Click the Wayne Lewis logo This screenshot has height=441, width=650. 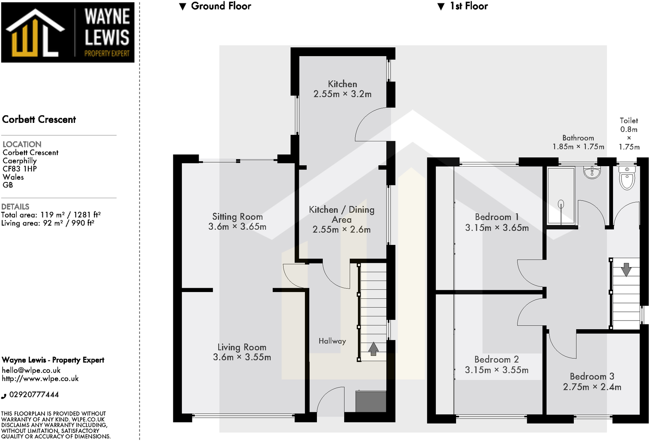pos(68,33)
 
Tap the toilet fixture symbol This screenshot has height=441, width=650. pos(627,179)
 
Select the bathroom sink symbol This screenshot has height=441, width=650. pos(592,173)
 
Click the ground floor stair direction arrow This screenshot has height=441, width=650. pos(373,349)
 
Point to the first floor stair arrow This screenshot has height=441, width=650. pos(626,270)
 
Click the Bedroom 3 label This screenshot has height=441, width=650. pos(592,376)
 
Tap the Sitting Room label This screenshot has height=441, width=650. pos(237,217)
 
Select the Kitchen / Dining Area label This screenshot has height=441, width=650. pos(342,215)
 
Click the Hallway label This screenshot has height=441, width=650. pos(332,341)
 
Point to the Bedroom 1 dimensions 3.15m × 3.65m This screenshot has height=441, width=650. pos(497,228)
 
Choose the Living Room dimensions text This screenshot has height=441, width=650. pos(242,357)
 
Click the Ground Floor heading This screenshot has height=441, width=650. pos(221,6)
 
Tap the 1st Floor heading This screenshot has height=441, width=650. pos(468,6)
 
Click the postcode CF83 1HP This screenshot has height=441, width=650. pos(20,169)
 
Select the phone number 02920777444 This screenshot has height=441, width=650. pos(34,395)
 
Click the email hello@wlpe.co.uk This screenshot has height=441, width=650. pos(31,370)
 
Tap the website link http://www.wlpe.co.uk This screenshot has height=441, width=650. pos(40,378)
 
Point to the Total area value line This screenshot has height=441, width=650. pos(51,215)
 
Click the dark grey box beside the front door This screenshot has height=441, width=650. pos(371,401)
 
